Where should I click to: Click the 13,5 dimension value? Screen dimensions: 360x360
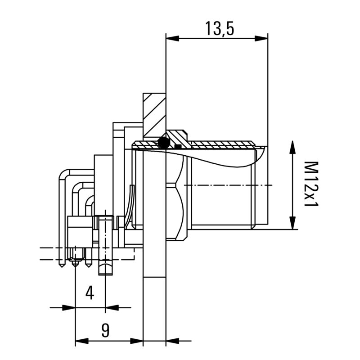[220, 28]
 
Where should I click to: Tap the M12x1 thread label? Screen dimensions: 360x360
[310, 184]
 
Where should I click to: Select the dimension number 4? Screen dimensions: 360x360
[90, 293]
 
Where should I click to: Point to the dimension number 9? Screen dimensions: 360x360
[105, 331]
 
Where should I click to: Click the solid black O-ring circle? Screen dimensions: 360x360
[164, 143]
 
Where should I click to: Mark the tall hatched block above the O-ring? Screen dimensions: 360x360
[154, 115]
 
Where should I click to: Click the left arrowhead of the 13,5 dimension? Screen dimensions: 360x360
[172, 38]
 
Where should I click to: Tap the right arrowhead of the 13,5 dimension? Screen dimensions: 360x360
[262, 38]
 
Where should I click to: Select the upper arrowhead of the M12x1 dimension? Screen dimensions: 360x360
[292, 147]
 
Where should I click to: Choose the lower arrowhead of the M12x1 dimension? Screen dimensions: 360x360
[292, 223]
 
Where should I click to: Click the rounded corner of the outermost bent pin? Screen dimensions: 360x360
[63, 172]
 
